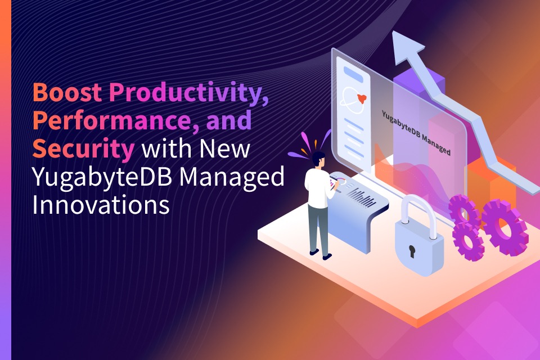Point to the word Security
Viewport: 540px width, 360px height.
[83, 149]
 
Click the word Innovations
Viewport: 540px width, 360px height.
[101, 205]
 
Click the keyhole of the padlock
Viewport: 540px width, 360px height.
[412, 251]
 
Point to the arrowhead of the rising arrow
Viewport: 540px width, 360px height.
[408, 48]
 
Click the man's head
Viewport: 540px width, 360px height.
[318, 160]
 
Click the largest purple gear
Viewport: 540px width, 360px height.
[505, 227]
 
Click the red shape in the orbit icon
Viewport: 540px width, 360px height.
[361, 98]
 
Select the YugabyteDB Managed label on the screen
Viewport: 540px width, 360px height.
[416, 132]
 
